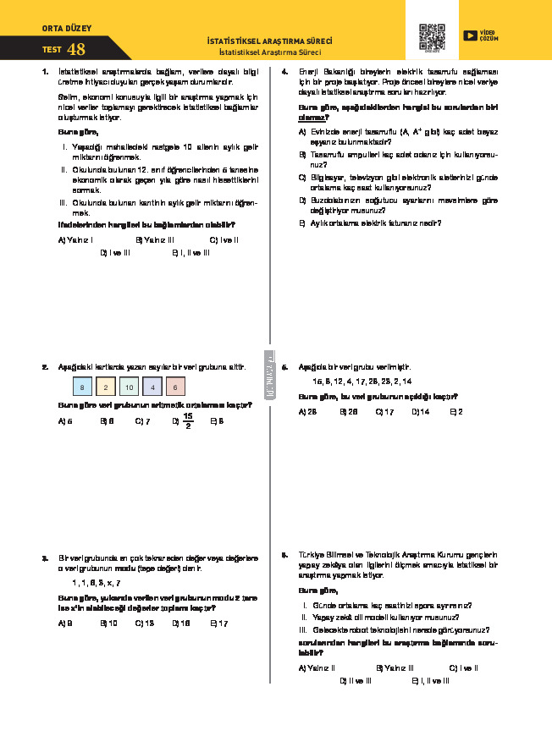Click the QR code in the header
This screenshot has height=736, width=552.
pos(432,36)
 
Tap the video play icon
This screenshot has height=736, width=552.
pos(470,35)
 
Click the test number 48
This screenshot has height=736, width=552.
pos(76,50)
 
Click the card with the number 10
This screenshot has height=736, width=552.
pos(128,387)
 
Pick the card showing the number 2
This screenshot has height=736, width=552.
pos(105,387)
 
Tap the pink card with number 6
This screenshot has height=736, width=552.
pos(174,387)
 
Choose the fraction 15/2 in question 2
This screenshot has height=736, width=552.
pos(188,420)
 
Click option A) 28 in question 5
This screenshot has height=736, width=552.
pos(307,411)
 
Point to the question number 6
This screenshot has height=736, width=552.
pos(284,555)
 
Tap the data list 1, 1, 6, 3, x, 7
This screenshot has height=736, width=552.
pos(96,584)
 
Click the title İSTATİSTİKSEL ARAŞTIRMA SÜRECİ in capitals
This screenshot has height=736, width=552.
pos(269,41)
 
